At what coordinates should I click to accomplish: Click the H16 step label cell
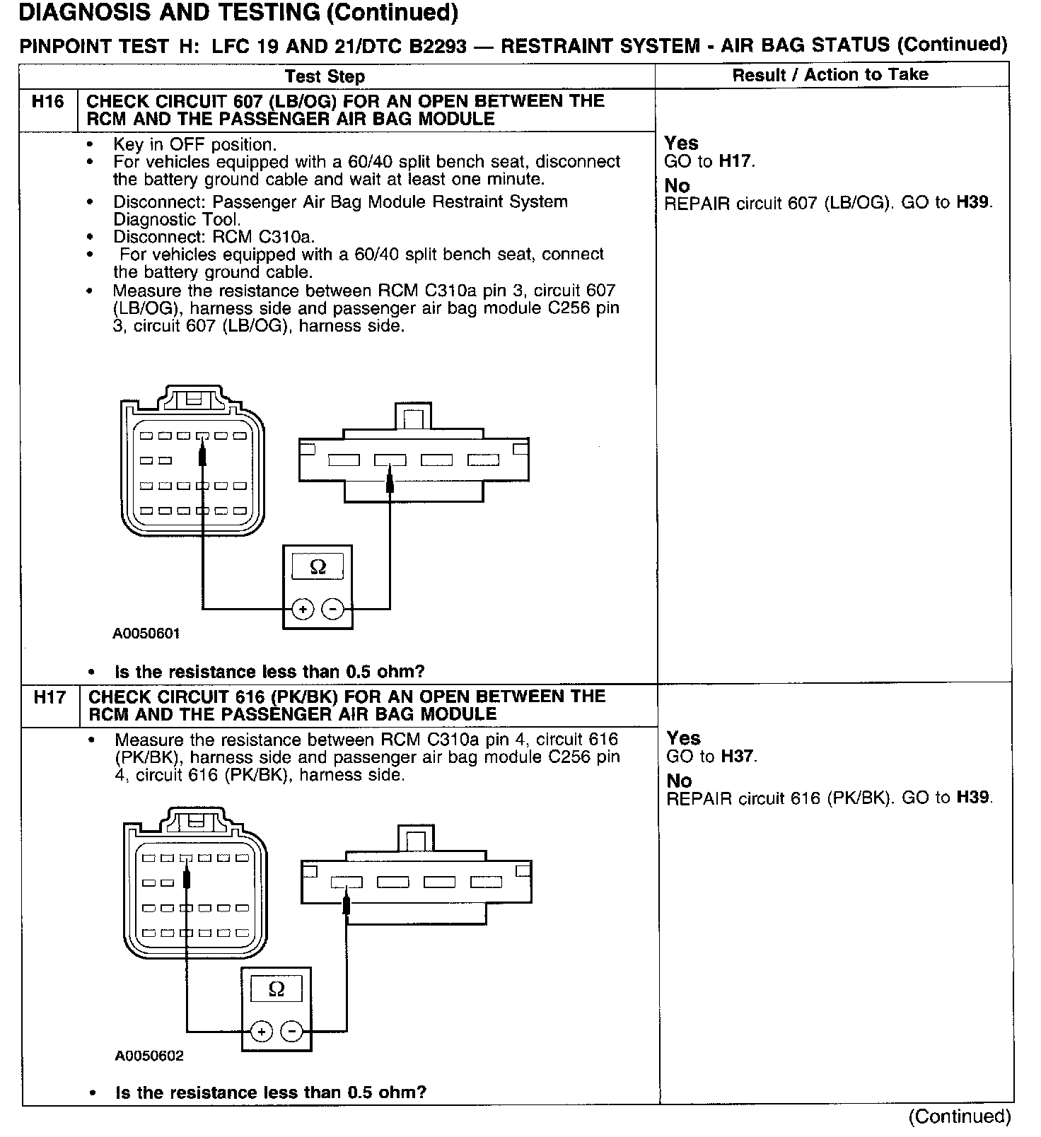[x=48, y=102]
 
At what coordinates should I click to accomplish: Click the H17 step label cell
[x=50, y=698]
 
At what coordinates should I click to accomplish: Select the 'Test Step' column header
[x=325, y=76]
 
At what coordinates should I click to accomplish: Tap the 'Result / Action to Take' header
[x=830, y=75]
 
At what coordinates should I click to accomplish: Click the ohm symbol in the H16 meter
[x=318, y=567]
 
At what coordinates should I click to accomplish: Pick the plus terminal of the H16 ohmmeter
[x=303, y=609]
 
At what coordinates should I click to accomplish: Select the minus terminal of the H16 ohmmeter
[x=333, y=609]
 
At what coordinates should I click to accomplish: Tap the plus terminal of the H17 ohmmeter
[x=262, y=1032]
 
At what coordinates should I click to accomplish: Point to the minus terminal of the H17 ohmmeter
[x=292, y=1032]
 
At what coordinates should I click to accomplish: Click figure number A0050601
[x=146, y=634]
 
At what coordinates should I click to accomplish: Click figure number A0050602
[x=149, y=1056]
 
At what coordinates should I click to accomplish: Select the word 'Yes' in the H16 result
[x=681, y=144]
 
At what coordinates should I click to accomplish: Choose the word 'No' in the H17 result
[x=679, y=781]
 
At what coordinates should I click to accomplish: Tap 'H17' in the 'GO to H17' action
[x=735, y=161]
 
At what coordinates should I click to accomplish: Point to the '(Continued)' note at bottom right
[x=960, y=1116]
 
